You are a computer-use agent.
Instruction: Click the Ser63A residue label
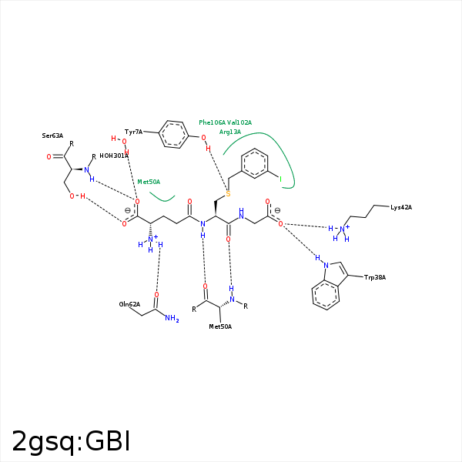[52, 136]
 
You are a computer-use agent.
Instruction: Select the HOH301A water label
[114, 156]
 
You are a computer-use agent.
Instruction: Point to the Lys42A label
[401, 207]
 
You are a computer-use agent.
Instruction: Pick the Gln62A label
[129, 304]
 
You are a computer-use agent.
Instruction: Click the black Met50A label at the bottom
[220, 326]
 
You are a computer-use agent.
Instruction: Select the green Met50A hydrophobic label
[149, 182]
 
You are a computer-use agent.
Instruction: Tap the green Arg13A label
[230, 132]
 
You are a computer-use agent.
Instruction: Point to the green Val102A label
[239, 122]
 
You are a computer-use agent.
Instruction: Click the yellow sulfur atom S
[228, 193]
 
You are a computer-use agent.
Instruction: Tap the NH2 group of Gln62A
[171, 318]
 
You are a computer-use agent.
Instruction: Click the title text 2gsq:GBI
[71, 441]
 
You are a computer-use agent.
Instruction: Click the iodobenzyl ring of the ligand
[255, 163]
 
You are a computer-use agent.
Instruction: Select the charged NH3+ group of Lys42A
[340, 229]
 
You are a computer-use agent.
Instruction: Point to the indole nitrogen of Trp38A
[324, 265]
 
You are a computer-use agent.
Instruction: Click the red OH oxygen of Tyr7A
[204, 138]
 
